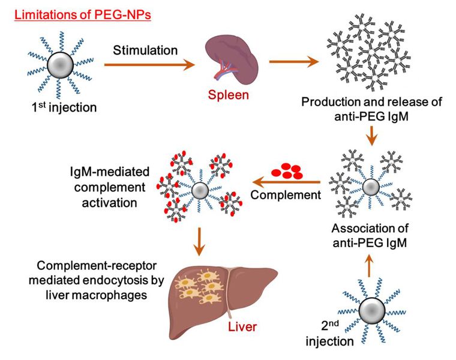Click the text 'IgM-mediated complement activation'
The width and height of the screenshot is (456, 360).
[x=104, y=188]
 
